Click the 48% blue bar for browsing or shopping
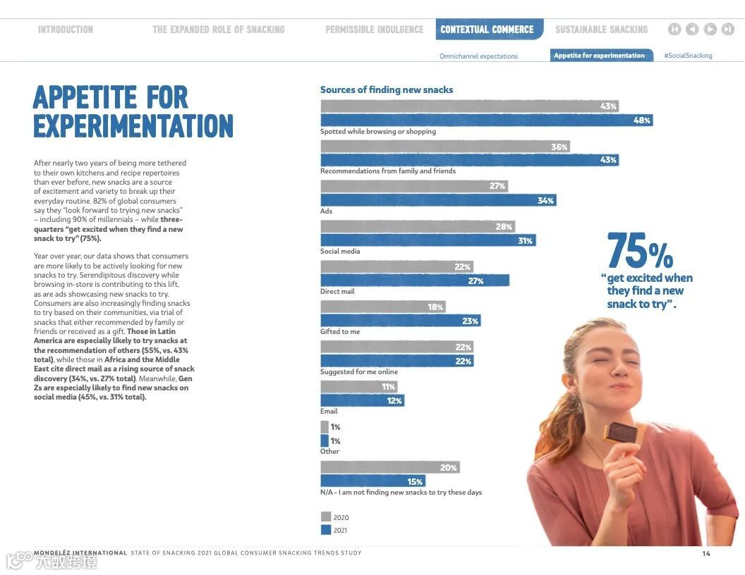486,120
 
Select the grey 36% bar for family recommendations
444,147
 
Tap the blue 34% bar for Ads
438,200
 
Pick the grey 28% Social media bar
418,226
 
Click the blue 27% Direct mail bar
415,280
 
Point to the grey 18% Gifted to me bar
383,307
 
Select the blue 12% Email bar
362,400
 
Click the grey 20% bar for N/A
390,467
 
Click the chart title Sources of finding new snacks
387,89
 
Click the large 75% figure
639,251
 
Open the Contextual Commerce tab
487,30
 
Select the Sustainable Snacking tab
601,30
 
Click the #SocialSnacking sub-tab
688,56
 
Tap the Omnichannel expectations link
478,56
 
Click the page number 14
705,553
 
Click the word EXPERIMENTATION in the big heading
133,126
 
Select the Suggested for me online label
359,371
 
